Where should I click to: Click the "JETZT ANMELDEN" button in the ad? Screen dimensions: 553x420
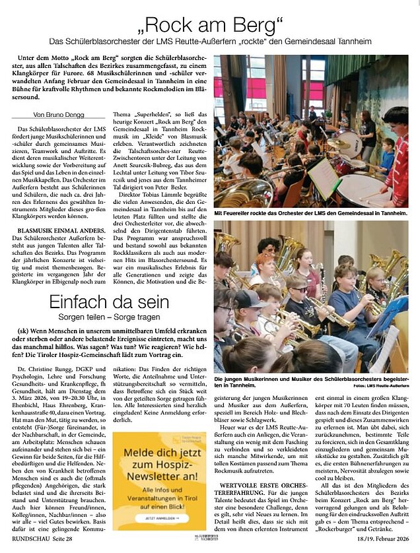[150, 519]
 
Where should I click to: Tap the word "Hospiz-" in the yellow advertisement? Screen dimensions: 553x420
[151, 472]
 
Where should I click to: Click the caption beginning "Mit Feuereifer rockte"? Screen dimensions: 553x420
[310, 214]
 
